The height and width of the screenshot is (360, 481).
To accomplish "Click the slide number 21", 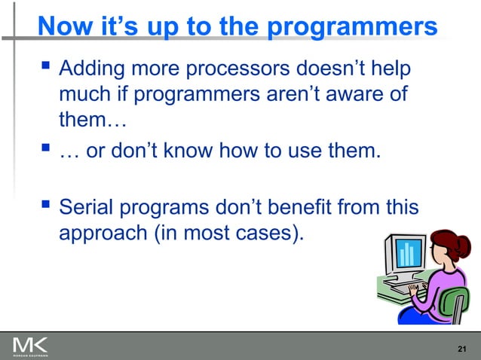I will pos(463,346).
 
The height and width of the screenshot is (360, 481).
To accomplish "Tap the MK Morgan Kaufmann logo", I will pos(29,346).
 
